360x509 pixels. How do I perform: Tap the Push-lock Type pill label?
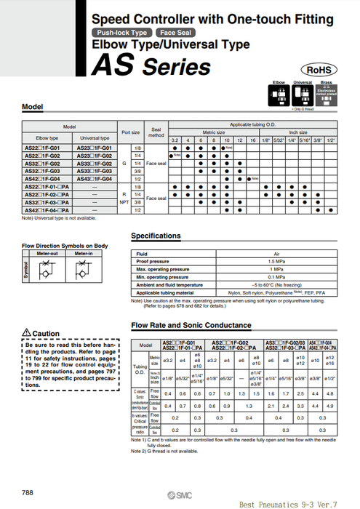[x=120, y=33]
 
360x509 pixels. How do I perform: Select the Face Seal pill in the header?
[x=175, y=33]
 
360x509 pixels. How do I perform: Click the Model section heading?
[x=33, y=107]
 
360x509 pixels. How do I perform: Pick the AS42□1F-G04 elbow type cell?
[x=45, y=178]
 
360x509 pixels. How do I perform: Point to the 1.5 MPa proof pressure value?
[x=256, y=261]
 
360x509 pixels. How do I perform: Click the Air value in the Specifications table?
[x=256, y=254]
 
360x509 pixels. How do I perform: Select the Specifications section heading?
[x=156, y=236]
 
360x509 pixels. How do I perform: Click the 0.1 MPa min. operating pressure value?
[x=256, y=277]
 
